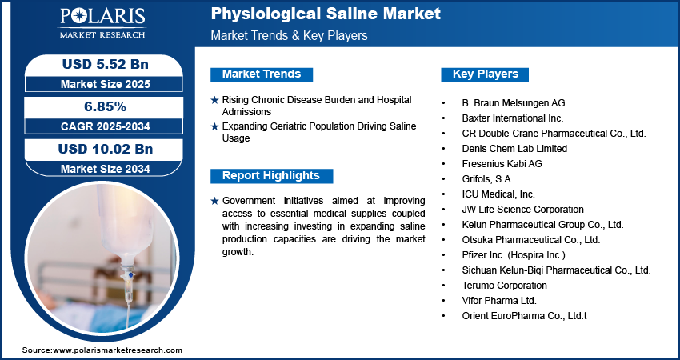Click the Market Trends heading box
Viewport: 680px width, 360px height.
tap(262, 74)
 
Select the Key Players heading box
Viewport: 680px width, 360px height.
tap(485, 74)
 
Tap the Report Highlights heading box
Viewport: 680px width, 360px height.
tap(270, 175)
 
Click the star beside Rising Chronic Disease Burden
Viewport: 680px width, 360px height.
tap(214, 100)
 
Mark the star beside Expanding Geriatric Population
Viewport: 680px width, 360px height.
tap(214, 126)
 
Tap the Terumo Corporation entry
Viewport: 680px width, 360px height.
tap(505, 286)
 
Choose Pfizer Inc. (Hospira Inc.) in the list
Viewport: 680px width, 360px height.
tap(514, 255)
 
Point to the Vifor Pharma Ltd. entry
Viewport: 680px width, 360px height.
tap(499, 301)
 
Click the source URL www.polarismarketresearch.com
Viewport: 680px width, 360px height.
tap(118, 350)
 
